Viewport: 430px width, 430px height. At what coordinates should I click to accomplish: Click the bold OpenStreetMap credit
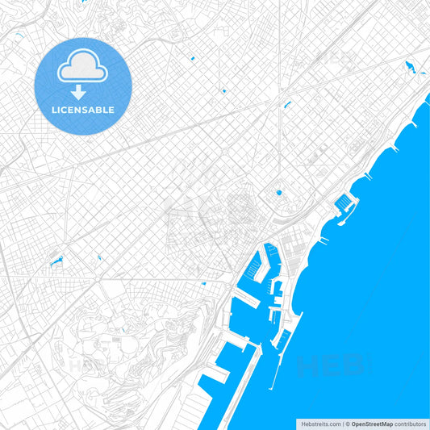coord(372,424)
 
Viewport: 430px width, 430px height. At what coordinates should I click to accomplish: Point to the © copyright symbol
coord(347,424)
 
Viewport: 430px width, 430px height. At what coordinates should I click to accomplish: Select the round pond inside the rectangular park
coord(279,192)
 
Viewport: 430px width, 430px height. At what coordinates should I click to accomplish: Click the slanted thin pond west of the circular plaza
coord(56,261)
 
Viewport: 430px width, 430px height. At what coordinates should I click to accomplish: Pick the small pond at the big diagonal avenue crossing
coord(286,103)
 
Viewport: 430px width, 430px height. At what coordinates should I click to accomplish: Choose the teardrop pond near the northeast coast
coord(410,66)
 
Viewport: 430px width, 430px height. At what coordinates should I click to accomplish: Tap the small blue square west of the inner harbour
coord(204,283)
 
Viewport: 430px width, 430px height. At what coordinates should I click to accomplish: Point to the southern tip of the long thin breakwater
coord(270,386)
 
